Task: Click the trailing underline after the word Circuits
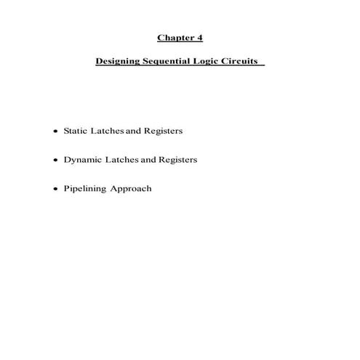point(263,65)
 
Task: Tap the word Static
point(76,131)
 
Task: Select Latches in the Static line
point(107,131)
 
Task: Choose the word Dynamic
point(82,160)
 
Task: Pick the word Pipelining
point(85,189)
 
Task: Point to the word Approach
point(131,189)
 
